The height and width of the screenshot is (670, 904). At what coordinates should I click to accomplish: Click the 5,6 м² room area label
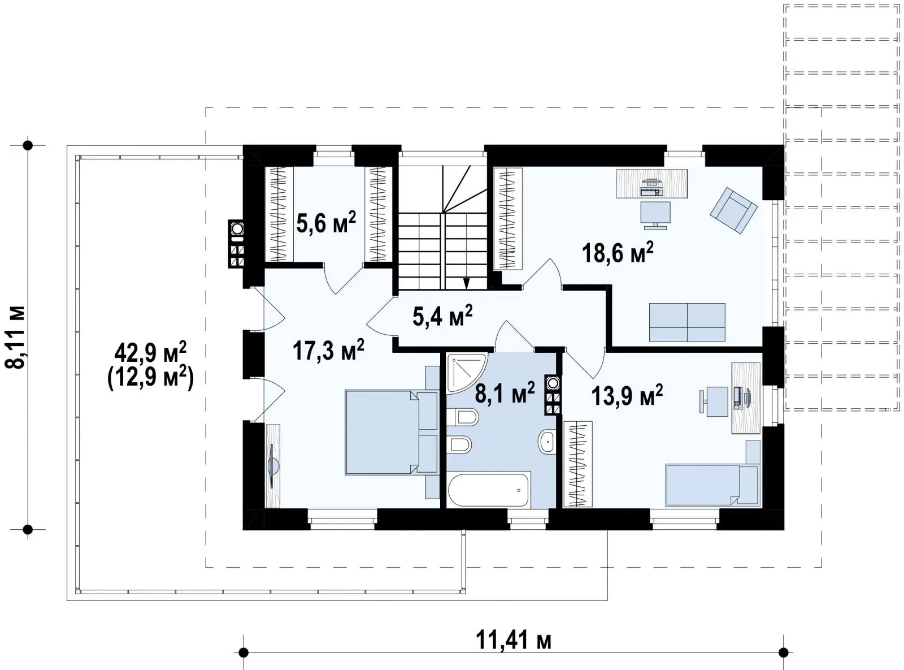tap(326, 222)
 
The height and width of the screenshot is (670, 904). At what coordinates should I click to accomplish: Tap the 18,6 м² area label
tap(618, 252)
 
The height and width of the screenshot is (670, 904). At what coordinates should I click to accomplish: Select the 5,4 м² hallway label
tap(442, 315)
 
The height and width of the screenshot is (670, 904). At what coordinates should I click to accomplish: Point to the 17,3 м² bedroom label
tap(328, 349)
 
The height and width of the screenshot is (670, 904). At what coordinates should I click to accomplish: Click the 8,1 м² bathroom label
tap(505, 392)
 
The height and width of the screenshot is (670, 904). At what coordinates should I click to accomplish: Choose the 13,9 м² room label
tap(627, 395)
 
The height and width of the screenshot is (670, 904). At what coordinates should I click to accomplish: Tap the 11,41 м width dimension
tap(513, 640)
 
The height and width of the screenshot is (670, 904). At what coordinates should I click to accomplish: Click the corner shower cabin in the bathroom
tap(466, 373)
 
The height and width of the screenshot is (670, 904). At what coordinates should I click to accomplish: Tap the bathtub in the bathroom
tap(489, 489)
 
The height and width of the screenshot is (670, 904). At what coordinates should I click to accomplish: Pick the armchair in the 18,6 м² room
tap(733, 210)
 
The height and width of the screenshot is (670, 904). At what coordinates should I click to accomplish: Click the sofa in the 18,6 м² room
tap(687, 322)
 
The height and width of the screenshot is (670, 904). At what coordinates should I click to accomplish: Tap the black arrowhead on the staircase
tap(466, 283)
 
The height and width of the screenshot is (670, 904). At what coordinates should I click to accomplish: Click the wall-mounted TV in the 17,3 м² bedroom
tap(273, 466)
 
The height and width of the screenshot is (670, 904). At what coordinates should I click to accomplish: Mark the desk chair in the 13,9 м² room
tap(714, 401)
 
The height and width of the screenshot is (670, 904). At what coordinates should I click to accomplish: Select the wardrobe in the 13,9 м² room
tap(577, 464)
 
